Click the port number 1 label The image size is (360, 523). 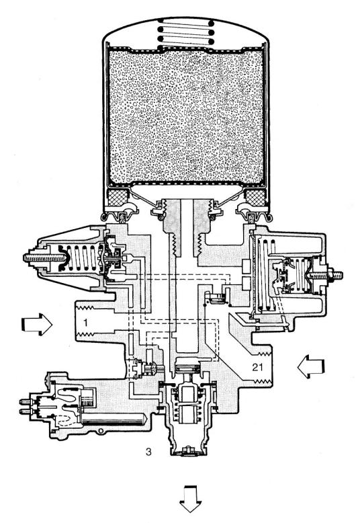[86, 323]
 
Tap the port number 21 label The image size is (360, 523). [258, 367]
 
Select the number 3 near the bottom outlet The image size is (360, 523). [148, 452]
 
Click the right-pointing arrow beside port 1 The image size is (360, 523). [37, 324]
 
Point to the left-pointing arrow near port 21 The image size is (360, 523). [311, 366]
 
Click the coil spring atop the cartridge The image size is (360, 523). [185, 32]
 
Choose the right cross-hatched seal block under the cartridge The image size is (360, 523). [255, 196]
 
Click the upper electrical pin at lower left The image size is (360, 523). [25, 401]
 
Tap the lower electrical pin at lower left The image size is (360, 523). [25, 411]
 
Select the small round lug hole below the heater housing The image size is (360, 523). [99, 432]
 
